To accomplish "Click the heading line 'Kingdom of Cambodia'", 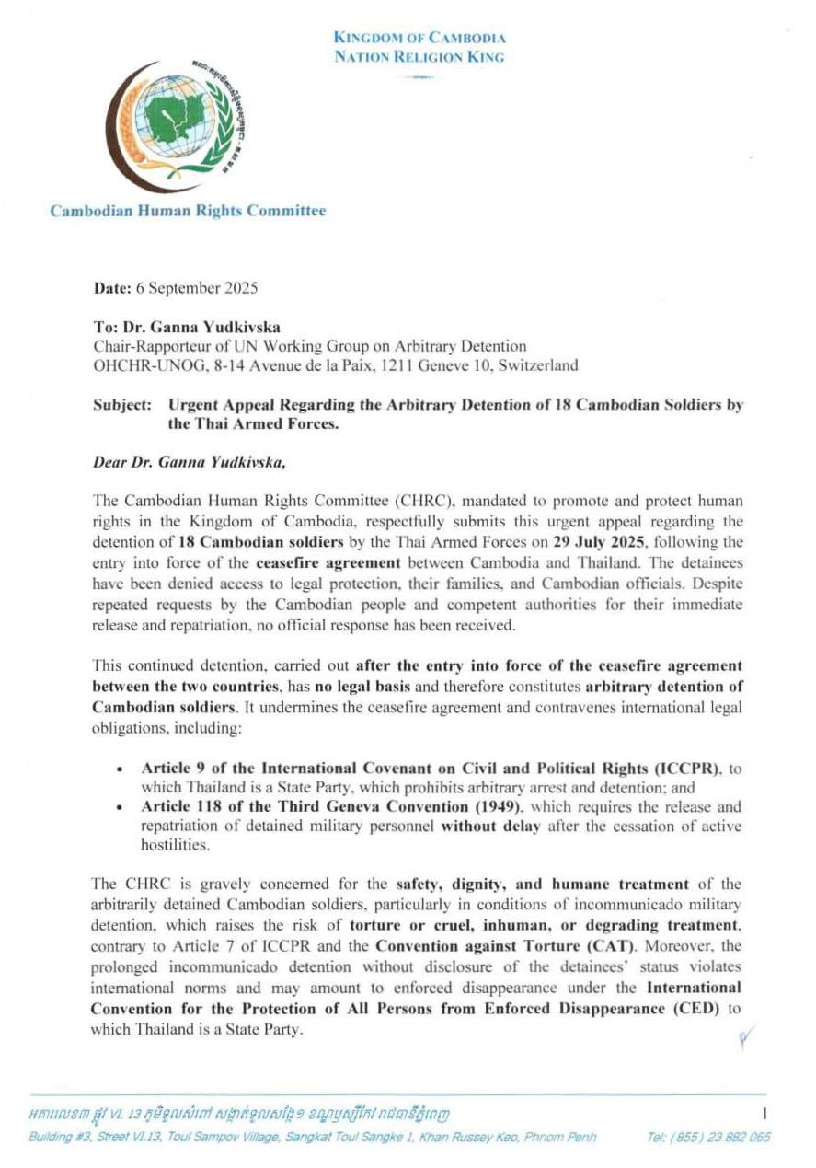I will (x=419, y=39).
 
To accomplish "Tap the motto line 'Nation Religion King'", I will (x=419, y=57).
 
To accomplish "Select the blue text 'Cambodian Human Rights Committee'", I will (x=188, y=211).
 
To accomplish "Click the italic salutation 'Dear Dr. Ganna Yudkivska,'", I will (x=190, y=462).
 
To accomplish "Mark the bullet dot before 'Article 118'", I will (x=121, y=806).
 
